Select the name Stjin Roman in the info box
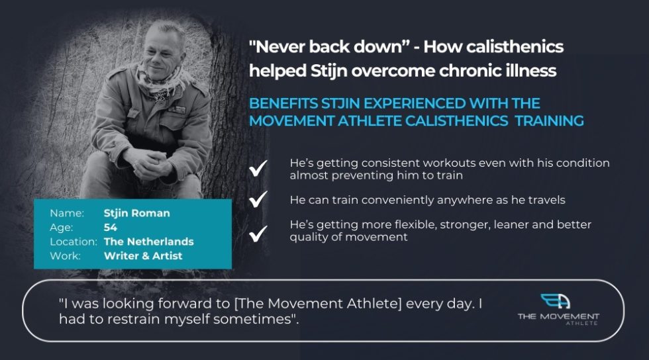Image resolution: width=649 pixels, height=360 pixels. pos(136,213)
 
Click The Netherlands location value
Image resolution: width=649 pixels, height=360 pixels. pos(148,242)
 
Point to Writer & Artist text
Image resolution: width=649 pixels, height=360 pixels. pos(142,255)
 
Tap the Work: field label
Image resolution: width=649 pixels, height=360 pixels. pos(65,255)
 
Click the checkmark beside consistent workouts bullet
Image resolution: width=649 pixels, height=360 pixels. pos(258,169)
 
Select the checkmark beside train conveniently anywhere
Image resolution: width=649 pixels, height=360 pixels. pos(258,199)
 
